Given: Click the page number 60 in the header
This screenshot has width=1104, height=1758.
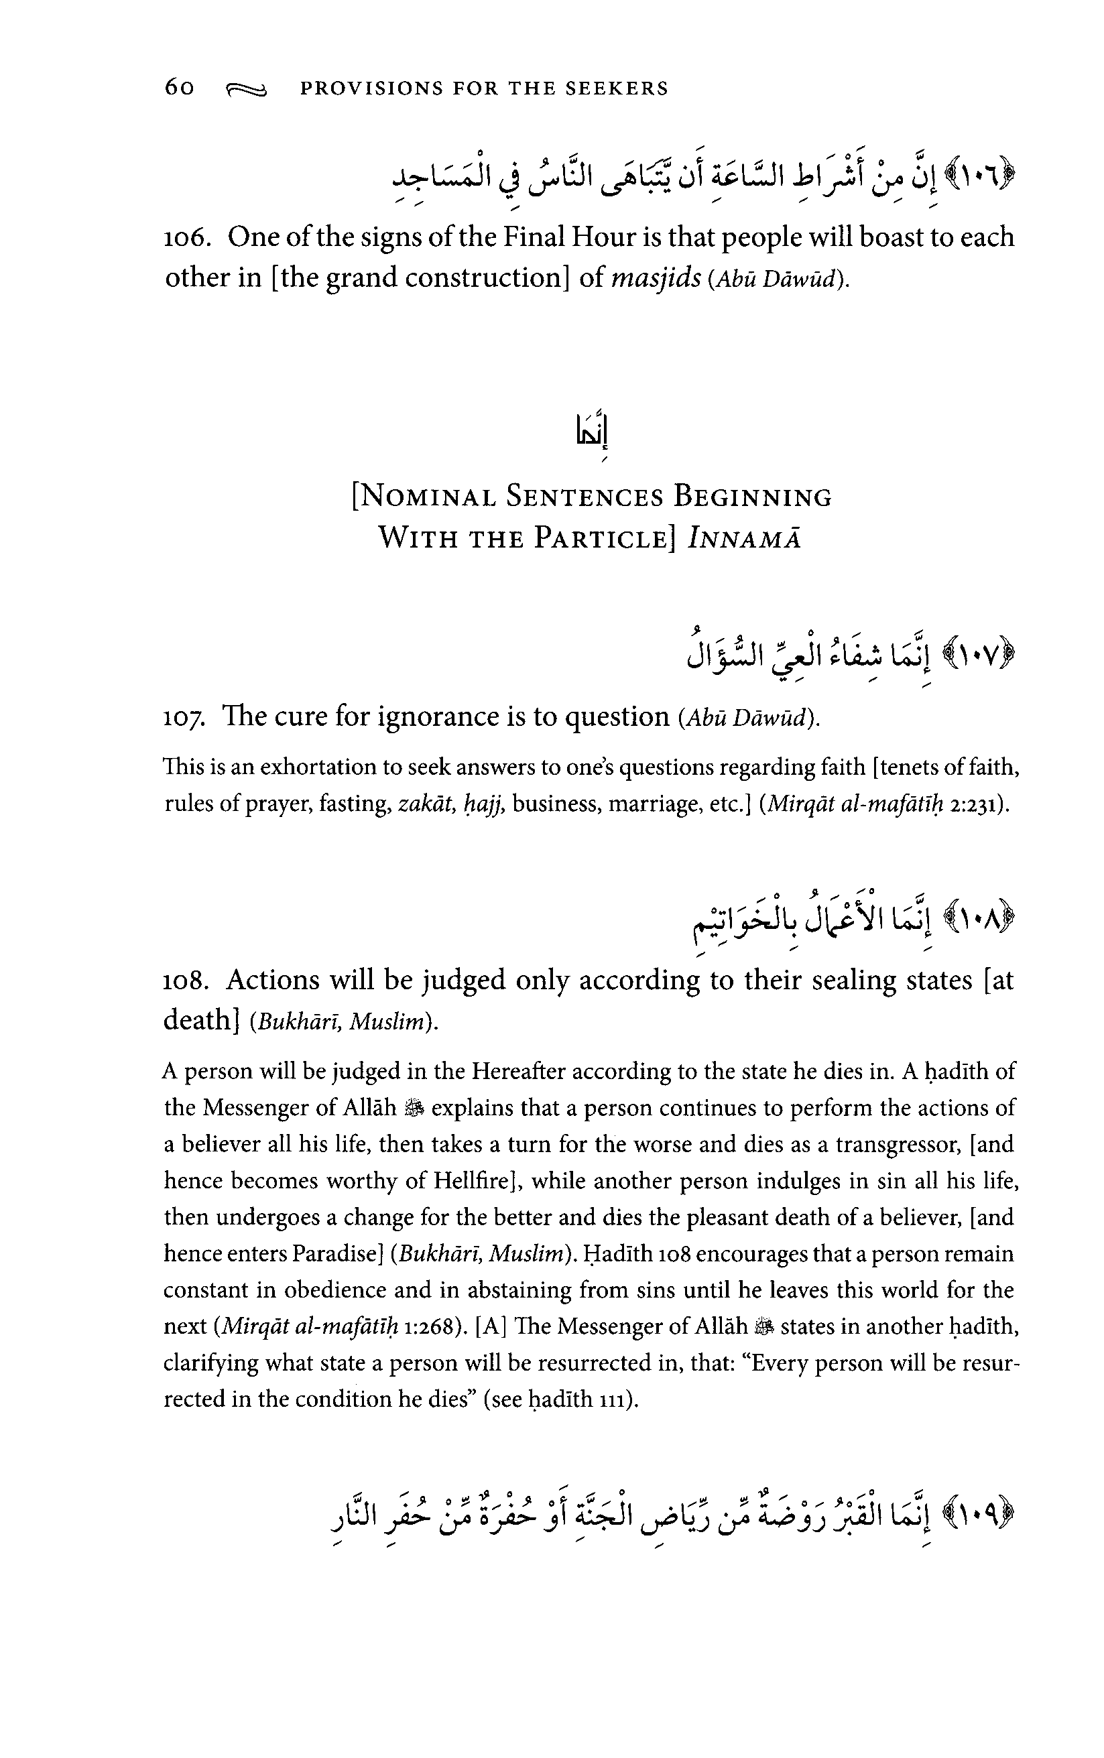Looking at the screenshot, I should point(180,88).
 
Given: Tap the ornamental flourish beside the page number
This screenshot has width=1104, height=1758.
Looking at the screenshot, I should point(247,90).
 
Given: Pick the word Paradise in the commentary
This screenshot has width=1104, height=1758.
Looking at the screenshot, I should point(336,1254).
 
